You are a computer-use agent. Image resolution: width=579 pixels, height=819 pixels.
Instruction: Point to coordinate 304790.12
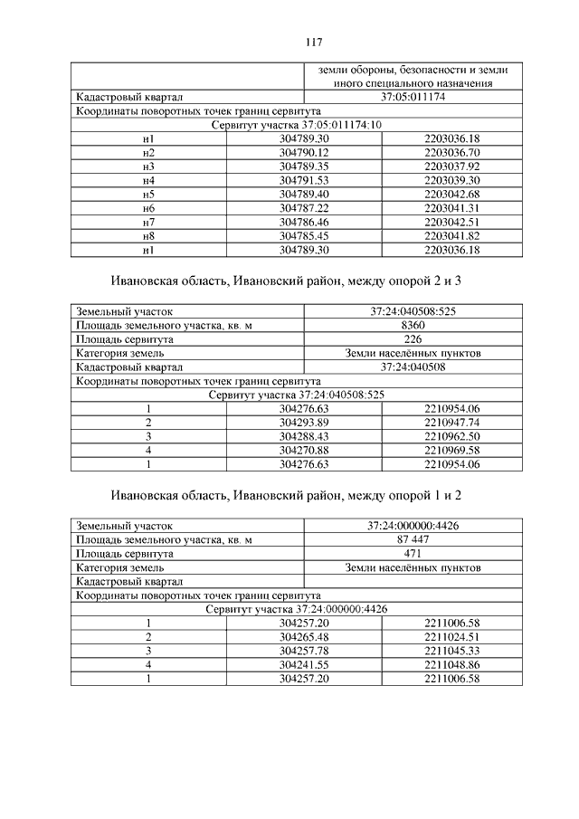click(305, 153)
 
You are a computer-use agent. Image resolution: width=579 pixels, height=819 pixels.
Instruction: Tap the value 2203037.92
click(451, 167)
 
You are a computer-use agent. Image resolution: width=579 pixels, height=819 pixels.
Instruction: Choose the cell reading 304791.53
click(305, 181)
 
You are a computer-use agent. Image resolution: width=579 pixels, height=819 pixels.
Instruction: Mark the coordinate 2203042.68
click(451, 195)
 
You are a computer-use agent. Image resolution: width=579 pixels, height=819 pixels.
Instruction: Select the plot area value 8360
click(412, 325)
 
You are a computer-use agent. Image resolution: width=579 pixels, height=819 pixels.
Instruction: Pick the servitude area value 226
click(412, 339)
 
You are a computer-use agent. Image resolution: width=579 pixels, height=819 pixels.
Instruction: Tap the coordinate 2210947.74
click(451, 423)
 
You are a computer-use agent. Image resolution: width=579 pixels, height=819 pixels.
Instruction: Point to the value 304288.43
click(305, 437)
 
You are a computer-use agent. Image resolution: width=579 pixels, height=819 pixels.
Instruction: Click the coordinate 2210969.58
click(451, 451)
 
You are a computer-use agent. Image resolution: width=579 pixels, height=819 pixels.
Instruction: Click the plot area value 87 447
click(412, 539)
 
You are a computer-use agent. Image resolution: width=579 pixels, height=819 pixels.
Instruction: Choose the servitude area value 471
click(412, 554)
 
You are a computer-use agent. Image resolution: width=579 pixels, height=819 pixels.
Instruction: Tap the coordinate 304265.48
click(305, 637)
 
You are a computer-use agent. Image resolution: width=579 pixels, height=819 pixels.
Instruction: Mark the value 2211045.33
click(451, 652)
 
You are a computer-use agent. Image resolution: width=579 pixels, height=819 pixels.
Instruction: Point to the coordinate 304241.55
click(305, 665)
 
